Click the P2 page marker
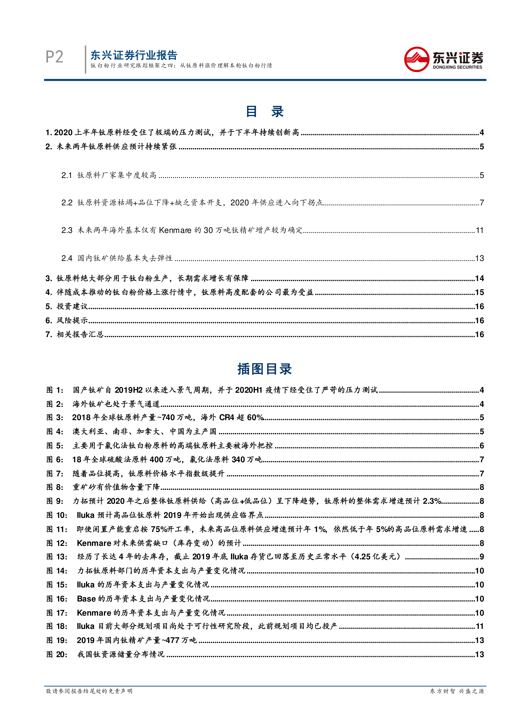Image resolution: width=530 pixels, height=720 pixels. point(54,57)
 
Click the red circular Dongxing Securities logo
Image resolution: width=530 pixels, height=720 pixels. point(416,59)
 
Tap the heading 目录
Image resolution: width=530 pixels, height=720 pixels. point(265,111)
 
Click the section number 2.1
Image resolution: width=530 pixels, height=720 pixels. point(67,175)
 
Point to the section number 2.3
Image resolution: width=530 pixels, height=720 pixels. point(67,230)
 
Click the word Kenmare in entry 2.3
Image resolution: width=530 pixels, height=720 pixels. point(175,230)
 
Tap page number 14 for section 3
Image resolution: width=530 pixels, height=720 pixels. point(479,278)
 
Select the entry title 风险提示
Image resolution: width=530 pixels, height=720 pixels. point(72,320)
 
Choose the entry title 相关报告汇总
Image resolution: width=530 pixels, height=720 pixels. point(80,335)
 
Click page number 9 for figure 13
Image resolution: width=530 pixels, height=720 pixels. point(482,557)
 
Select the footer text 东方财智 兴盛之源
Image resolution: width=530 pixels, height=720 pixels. point(457,691)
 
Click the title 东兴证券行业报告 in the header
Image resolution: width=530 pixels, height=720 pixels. point(134,55)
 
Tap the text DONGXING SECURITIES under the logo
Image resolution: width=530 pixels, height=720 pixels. point(457,67)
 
